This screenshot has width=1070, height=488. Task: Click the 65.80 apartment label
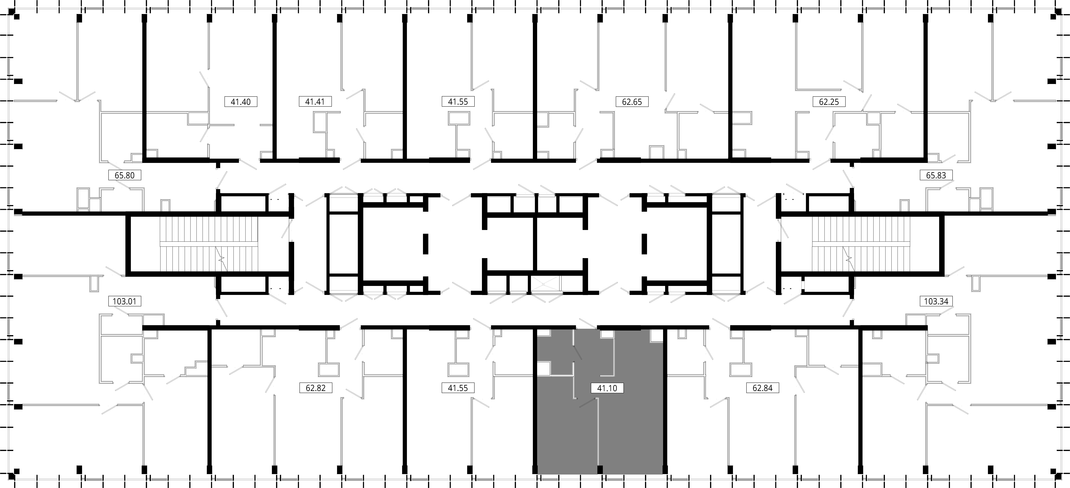pyautogui.click(x=125, y=175)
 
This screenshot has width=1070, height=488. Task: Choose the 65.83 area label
pyautogui.click(x=936, y=175)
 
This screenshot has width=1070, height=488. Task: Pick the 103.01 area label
pyautogui.click(x=125, y=301)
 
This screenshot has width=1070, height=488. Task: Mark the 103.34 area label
pyautogui.click(x=936, y=301)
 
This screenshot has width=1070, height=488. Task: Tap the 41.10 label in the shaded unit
pyautogui.click(x=607, y=388)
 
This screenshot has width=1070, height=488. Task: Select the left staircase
pyautogui.click(x=209, y=244)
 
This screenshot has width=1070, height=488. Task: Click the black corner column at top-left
pyautogui.click(x=17, y=17)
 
